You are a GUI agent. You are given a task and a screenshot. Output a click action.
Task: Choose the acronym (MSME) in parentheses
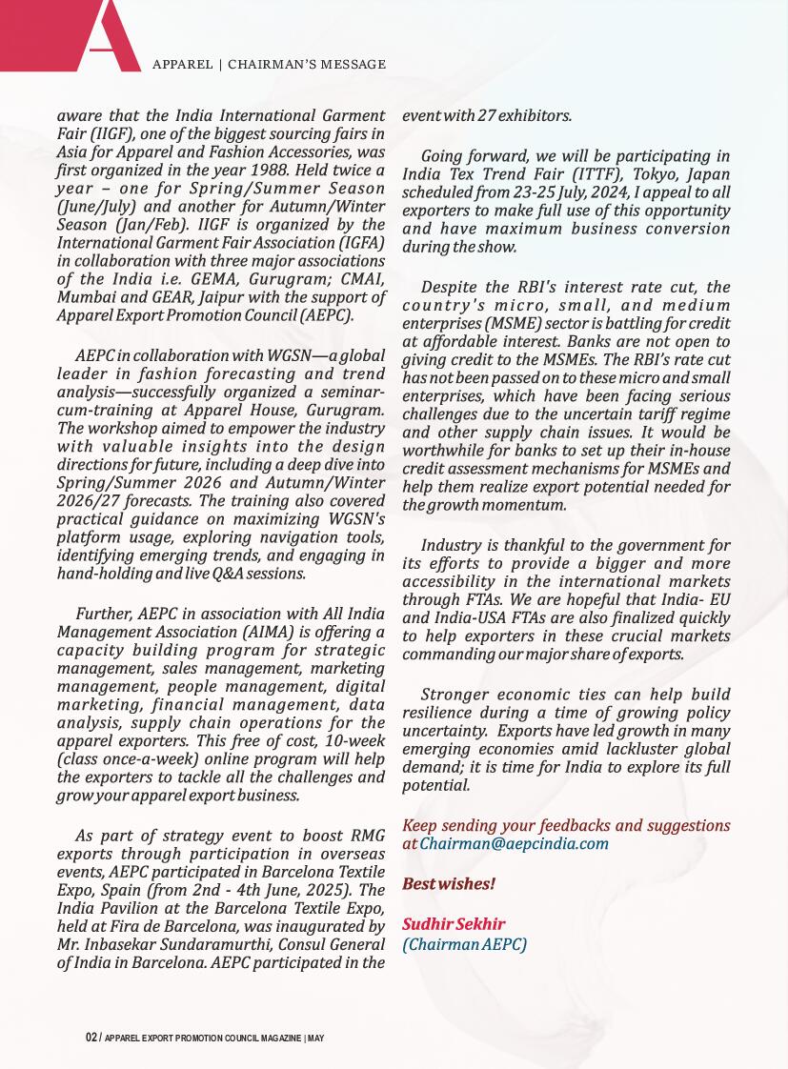515,323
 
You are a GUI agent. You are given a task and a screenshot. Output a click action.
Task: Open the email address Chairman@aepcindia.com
515,843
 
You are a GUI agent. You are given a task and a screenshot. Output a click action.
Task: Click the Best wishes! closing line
449,884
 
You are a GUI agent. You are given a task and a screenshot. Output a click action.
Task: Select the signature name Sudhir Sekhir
453,924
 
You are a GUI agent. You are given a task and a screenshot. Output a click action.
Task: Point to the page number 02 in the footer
91,1038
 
